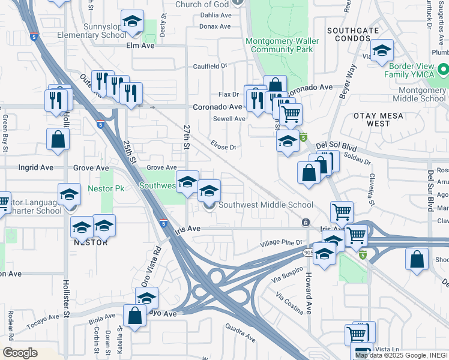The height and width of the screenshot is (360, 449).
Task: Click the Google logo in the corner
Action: (x=20, y=353)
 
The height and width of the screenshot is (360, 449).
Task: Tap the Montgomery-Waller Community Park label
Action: (x=279, y=46)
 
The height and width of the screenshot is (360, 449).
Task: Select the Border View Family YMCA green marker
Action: (x=443, y=68)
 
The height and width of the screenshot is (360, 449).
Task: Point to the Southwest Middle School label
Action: (x=265, y=205)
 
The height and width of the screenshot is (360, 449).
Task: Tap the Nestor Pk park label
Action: (x=106, y=188)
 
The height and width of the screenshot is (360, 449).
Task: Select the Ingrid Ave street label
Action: (x=36, y=168)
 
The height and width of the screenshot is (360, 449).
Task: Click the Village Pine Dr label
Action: (x=280, y=243)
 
